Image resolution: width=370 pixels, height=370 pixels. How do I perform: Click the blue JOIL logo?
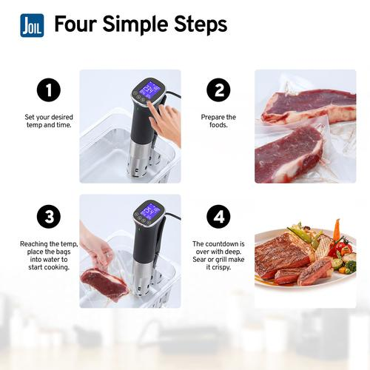click(32, 25)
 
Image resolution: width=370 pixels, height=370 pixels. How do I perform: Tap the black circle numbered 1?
click(49, 90)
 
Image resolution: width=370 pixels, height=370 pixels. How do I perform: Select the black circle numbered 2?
click(218, 90)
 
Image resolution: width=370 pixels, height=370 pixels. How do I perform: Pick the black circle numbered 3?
click(49, 217)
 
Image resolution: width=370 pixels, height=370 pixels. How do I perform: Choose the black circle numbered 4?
click(218, 217)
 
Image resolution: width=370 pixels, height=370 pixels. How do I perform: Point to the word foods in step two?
click(218, 125)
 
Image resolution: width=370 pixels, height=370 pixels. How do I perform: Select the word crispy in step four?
click(221, 267)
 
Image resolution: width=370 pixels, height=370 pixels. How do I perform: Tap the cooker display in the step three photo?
click(150, 211)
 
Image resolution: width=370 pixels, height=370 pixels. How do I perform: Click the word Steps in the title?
click(201, 24)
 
